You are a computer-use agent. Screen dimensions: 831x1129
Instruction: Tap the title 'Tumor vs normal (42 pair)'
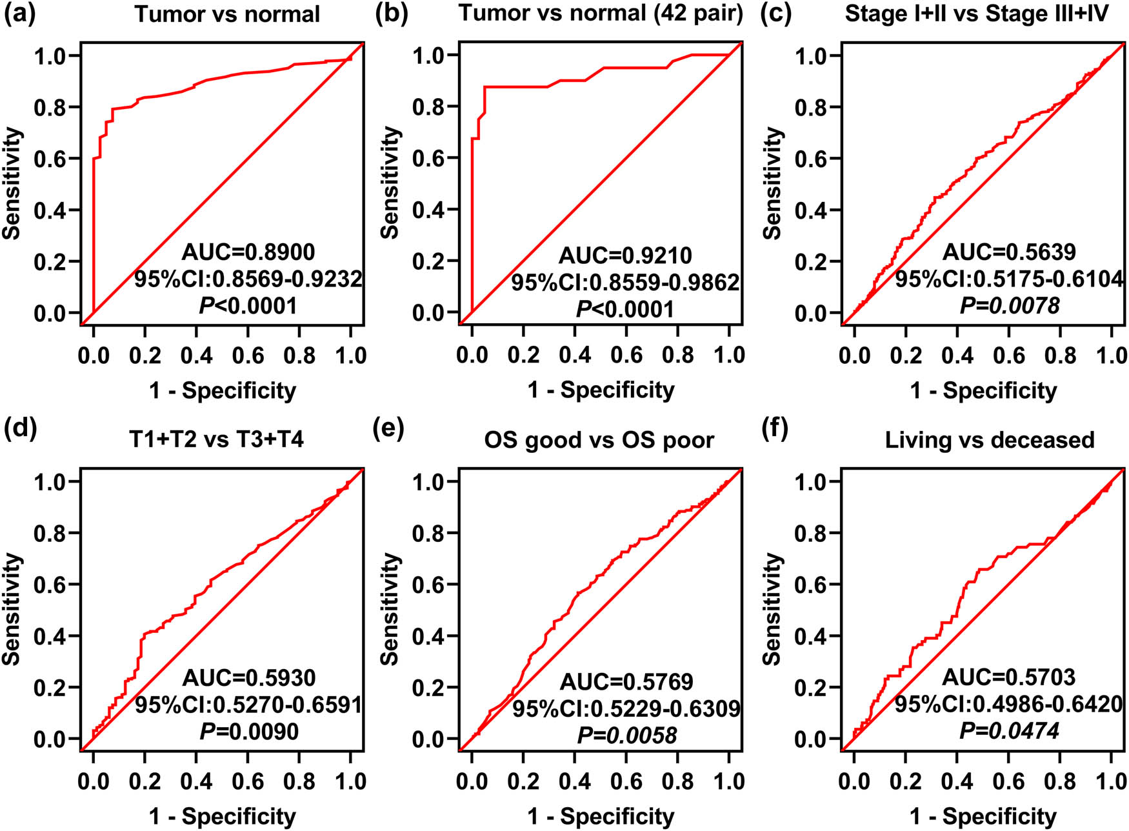tap(601, 12)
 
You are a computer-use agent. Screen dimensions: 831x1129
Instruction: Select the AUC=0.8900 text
tap(248, 252)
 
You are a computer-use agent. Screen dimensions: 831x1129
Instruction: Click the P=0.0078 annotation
tap(1009, 305)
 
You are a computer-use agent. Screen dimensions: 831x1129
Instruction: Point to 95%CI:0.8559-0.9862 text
tap(625, 283)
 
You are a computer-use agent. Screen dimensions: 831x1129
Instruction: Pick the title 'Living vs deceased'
tap(990, 440)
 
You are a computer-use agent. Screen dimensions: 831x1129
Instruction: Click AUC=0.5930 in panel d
tap(248, 677)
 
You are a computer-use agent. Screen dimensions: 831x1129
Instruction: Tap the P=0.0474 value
tap(1009, 730)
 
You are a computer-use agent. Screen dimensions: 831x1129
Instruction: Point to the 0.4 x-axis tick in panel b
tap(575, 355)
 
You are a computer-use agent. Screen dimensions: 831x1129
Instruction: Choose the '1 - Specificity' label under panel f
tap(983, 816)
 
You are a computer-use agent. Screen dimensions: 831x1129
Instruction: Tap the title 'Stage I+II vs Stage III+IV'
tap(977, 14)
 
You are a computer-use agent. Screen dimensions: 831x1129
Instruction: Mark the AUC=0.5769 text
tap(626, 681)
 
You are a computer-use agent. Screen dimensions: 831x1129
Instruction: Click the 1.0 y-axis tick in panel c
tap(811, 56)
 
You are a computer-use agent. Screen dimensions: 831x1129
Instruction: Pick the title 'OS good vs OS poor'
tap(599, 440)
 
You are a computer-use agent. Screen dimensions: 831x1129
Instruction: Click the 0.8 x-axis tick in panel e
tap(678, 781)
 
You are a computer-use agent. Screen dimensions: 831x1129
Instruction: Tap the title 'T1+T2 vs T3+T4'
tap(217, 439)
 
